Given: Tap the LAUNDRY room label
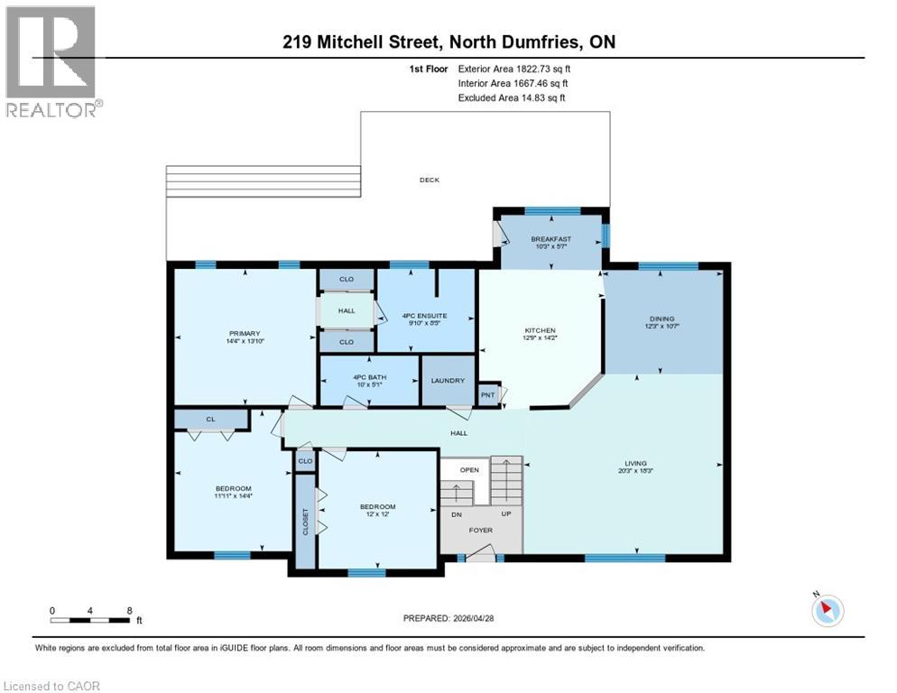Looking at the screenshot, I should pos(448,381).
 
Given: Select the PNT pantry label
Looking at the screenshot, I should pos(487,394).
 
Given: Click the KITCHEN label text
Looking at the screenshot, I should pos(540,330).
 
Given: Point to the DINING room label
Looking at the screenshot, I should pos(661,318).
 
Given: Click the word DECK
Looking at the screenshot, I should pos(430,180).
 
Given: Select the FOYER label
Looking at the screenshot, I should pos(480,530).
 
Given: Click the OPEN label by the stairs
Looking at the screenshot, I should pos(469,470).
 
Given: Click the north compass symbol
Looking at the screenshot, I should pos(827,611).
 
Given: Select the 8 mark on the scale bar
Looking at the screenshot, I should pos(132,610).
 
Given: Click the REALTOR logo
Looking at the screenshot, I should pos(52,61).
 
